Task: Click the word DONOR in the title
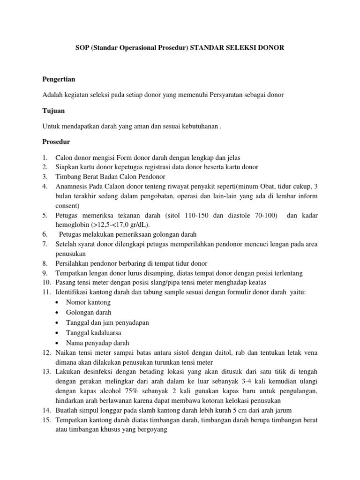pyautogui.click(x=271, y=48)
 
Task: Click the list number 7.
pyautogui.click(x=45, y=244)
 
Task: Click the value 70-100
pyautogui.click(x=265, y=215)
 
